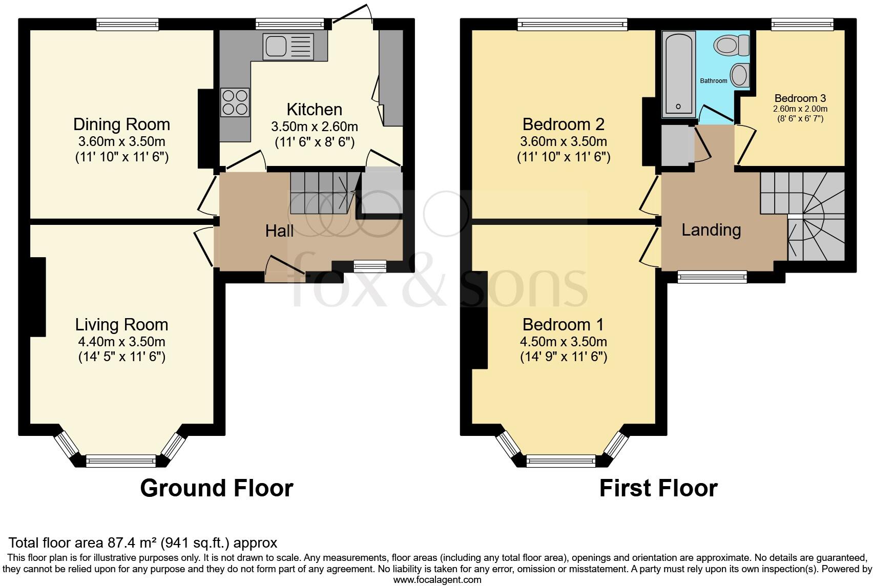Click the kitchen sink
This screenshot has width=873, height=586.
[288, 47]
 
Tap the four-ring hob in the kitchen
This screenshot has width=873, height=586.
[235, 102]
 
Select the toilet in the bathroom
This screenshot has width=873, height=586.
[732, 46]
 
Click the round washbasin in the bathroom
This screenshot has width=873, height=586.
[739, 75]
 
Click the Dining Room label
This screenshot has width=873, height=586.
[121, 124]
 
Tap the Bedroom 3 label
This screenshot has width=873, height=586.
[800, 98]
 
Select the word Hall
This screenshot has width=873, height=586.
[279, 231]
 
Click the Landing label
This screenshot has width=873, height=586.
[711, 230]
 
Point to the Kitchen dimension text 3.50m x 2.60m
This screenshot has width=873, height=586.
[314, 127]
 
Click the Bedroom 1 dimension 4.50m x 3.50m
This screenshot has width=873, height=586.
[564, 342]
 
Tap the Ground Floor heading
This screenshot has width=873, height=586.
[216, 488]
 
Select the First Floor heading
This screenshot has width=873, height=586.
[658, 488]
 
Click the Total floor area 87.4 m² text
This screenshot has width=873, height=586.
[143, 542]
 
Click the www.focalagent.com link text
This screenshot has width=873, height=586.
[437, 580]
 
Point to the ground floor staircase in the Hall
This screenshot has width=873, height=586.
[323, 192]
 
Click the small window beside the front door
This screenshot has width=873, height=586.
[370, 265]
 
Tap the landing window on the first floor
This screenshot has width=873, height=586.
[712, 277]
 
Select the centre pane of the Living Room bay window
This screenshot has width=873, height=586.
[121, 461]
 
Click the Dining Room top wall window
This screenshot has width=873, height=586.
[128, 24]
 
